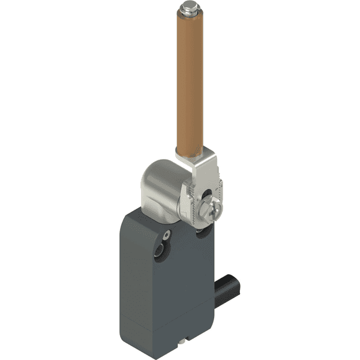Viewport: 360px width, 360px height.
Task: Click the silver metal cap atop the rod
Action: (x=185, y=10)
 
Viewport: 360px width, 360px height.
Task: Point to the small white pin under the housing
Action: (x=182, y=343)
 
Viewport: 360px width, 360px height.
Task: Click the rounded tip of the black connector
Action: (x=236, y=277)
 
